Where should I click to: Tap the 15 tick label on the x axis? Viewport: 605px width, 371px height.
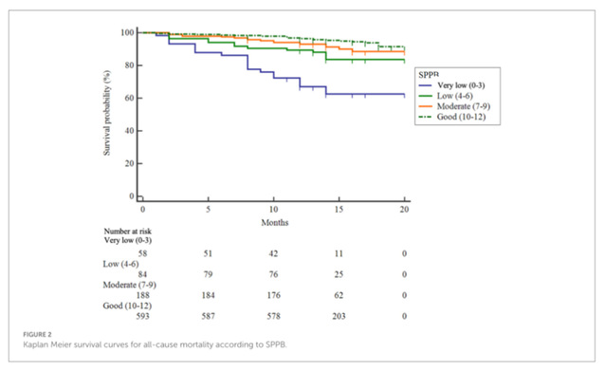[x=339, y=210]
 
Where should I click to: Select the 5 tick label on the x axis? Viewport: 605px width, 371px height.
[x=208, y=210]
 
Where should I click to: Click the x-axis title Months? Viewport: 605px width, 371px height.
[x=275, y=223]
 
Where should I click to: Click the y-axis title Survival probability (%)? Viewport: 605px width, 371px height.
[x=107, y=113]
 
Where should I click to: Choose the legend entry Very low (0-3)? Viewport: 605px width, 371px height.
[x=451, y=85]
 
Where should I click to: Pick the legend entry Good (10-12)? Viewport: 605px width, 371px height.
[x=452, y=117]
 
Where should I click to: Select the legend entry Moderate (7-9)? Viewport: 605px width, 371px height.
[x=454, y=106]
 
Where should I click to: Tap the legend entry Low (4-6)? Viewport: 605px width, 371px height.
[x=446, y=96]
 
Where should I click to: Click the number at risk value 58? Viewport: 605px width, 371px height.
[x=143, y=253]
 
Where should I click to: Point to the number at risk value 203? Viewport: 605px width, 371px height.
[x=339, y=316]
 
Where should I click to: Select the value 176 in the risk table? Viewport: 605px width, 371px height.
[x=273, y=295]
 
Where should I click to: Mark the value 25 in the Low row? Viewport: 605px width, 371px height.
[x=339, y=274]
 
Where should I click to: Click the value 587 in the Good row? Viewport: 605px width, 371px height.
[x=208, y=316]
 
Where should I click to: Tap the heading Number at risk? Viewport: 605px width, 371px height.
[x=128, y=232]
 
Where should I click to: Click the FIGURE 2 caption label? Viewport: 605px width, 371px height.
[x=37, y=335]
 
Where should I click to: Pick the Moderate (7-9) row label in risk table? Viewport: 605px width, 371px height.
[x=130, y=285]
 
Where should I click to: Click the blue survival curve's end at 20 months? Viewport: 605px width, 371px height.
[x=404, y=94]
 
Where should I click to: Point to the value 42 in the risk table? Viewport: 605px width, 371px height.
[x=273, y=253]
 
